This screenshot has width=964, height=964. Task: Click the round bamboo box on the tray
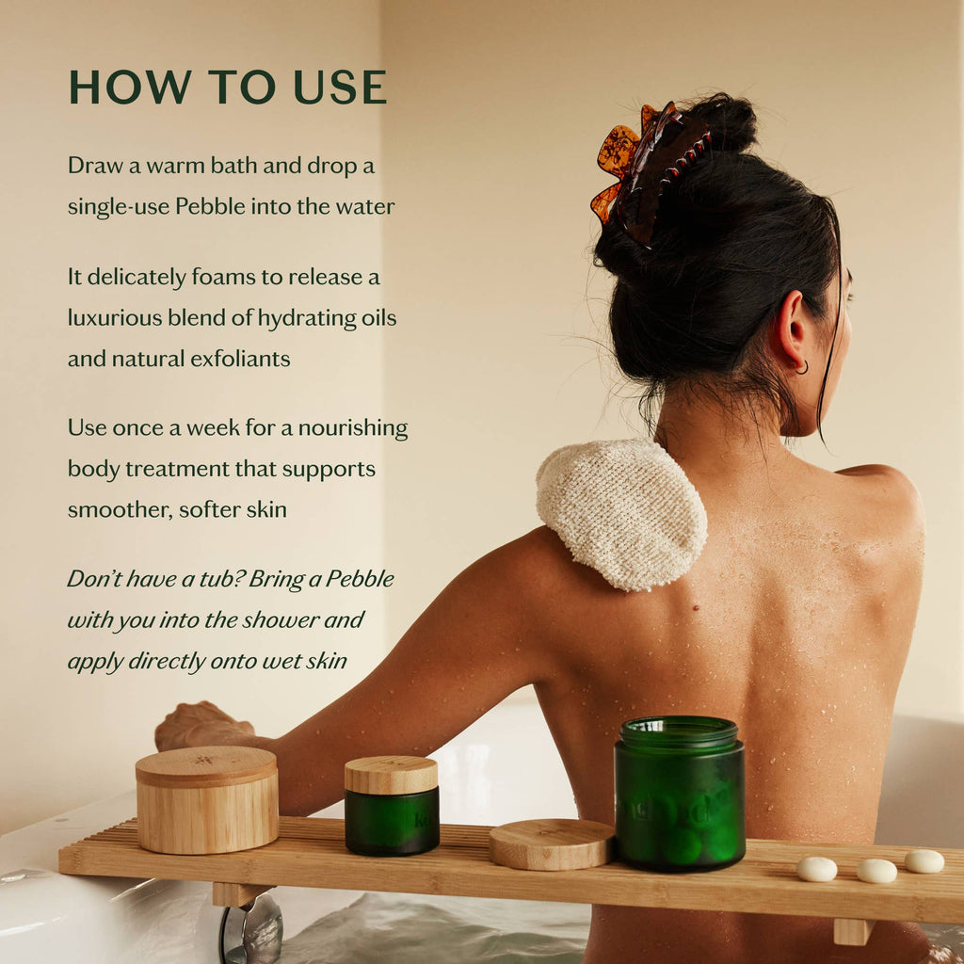pos(207,799)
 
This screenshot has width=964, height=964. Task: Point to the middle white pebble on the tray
pos(876,871)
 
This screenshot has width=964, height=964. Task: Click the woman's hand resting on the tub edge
pos(202,726)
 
